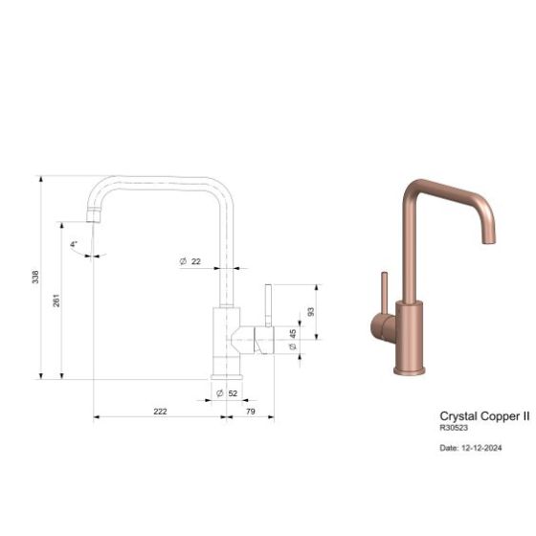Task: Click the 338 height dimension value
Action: (35, 278)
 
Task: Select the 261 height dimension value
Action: (56, 301)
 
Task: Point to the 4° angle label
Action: (74, 244)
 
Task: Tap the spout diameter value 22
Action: (195, 261)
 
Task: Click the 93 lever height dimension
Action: (310, 312)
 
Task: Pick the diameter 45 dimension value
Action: (292, 340)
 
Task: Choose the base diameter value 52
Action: (233, 393)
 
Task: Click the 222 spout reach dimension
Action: (160, 411)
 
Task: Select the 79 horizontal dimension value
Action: (250, 411)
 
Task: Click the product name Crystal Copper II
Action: (484, 416)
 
